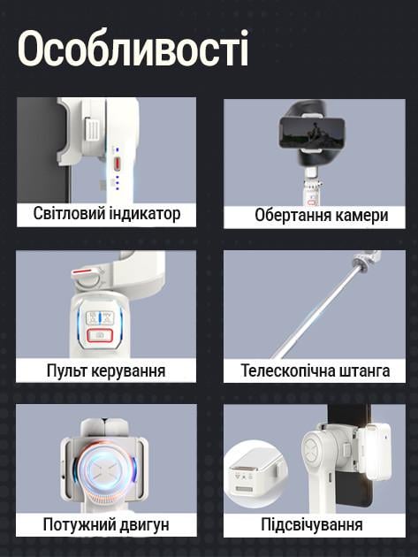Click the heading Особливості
(x=133, y=50)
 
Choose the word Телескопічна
(x=287, y=370)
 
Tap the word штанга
(x=363, y=370)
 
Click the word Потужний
(x=78, y=525)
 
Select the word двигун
(x=143, y=525)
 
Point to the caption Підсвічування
(x=311, y=525)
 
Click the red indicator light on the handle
(x=116, y=168)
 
